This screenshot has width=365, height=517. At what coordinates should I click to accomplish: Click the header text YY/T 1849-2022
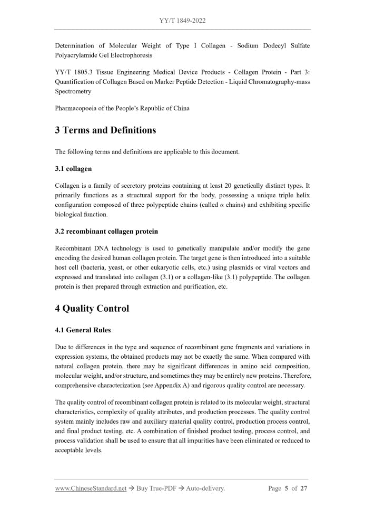182,21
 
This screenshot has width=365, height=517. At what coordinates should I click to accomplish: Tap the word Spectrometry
73,91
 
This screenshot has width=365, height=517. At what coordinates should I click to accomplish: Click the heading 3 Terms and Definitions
105,130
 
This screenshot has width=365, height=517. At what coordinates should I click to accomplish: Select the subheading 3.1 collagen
73,169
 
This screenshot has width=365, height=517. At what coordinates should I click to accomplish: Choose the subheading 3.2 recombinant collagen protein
106,231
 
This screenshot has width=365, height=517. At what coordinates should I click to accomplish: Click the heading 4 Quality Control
92,309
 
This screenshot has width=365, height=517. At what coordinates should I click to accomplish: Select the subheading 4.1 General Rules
83,330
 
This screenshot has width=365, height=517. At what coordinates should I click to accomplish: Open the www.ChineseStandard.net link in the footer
91,489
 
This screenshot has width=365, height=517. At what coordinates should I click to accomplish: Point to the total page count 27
304,489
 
